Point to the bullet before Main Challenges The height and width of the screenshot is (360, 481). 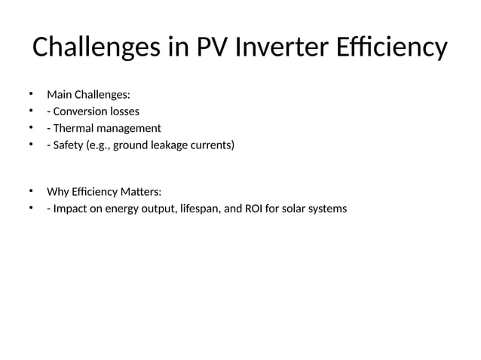coord(32,94)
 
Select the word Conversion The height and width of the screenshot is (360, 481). coord(81,111)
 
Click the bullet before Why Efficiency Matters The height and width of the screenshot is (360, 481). coord(32,191)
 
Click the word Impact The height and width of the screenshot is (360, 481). coord(69,208)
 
